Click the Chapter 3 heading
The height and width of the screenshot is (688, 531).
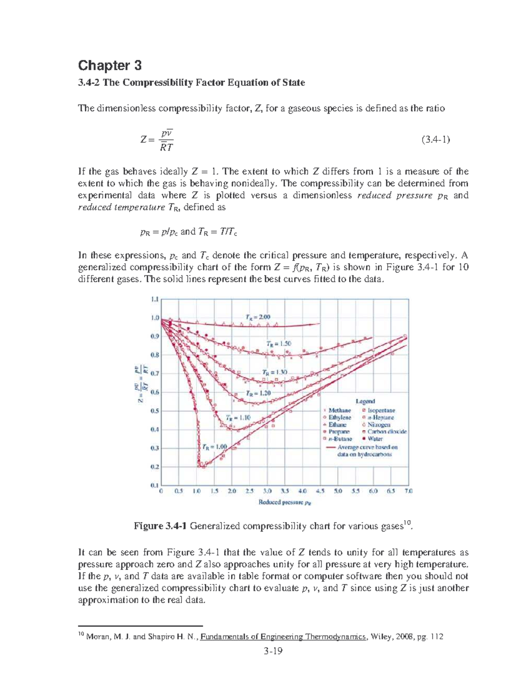[110, 66]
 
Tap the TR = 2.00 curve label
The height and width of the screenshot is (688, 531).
[258, 316]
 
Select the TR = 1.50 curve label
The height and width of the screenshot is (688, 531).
[279, 343]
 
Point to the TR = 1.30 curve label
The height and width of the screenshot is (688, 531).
[274, 372]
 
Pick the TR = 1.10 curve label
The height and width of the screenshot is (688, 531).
[239, 417]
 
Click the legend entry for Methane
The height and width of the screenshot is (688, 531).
[339, 410]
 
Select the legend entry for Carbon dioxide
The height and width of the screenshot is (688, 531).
[387, 431]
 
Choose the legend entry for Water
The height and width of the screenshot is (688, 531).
[375, 439]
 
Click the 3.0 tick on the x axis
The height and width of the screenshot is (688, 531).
[267, 491]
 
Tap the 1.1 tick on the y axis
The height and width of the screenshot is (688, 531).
[154, 299]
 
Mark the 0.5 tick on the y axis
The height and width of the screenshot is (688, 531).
[154, 411]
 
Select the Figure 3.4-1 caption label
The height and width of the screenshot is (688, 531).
[161, 526]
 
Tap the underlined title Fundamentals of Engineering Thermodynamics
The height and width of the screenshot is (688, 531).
[283, 637]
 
